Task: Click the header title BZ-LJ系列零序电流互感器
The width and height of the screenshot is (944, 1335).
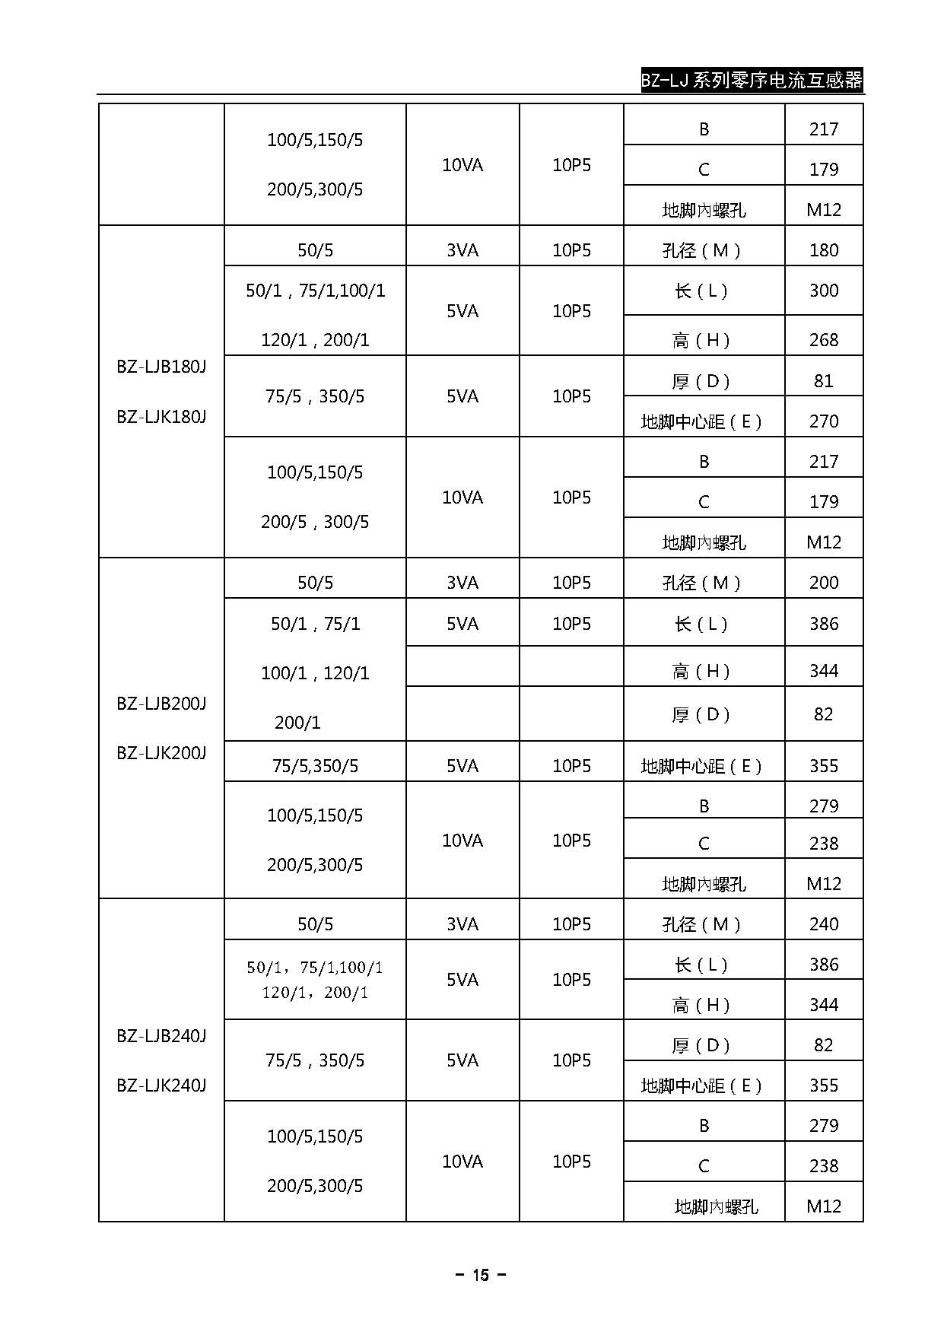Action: click(x=752, y=80)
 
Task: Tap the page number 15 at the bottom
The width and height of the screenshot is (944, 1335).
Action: click(x=480, y=1275)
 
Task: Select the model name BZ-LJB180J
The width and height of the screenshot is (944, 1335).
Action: click(x=161, y=367)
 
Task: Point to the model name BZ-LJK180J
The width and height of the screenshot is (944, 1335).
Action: click(x=161, y=417)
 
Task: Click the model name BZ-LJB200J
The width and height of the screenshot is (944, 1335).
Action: click(x=161, y=703)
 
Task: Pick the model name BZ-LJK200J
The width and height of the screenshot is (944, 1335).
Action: click(x=161, y=753)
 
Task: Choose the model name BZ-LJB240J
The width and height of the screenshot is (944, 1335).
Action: click(x=161, y=1036)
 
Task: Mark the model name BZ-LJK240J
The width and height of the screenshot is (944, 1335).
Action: click(x=161, y=1085)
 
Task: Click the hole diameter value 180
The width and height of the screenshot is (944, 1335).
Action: click(x=824, y=250)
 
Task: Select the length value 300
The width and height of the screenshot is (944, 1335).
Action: click(x=824, y=291)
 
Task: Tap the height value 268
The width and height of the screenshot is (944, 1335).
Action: click(x=824, y=340)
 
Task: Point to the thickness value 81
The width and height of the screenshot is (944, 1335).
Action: click(x=824, y=380)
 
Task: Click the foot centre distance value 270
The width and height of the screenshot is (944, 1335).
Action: click(x=824, y=421)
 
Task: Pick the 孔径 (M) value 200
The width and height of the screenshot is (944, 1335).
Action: click(x=824, y=583)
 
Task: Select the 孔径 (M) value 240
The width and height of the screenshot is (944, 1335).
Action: click(x=824, y=924)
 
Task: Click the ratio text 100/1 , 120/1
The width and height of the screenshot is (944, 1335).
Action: click(x=315, y=673)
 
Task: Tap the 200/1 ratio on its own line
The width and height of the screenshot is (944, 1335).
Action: click(x=297, y=723)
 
